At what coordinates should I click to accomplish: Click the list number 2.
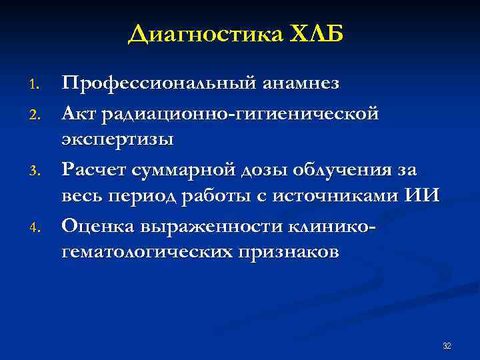tap(37, 115)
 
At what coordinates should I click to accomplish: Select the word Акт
tap(79, 113)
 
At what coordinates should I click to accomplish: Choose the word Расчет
tap(95, 170)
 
